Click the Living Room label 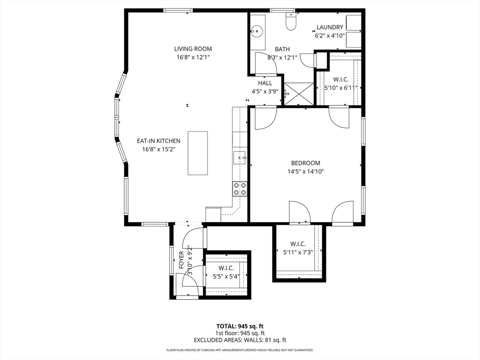[193, 49]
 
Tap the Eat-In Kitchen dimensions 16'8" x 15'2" [158, 150]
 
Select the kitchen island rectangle [198, 153]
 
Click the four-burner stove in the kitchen [240, 189]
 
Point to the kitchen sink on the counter [240, 158]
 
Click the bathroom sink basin [256, 32]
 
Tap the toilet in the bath [291, 21]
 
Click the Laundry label [330, 27]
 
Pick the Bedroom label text [306, 163]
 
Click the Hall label [265, 83]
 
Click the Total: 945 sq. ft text [240, 326]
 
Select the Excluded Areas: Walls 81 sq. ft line [240, 340]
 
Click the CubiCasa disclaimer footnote [240, 350]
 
